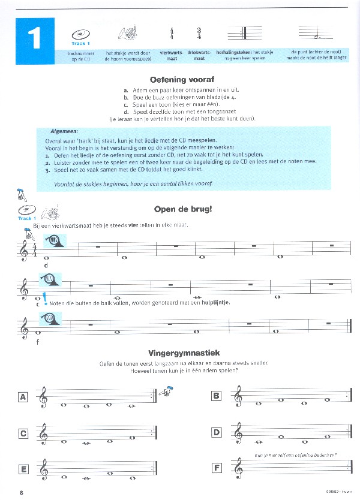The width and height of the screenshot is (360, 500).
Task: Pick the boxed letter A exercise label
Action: coord(23,397)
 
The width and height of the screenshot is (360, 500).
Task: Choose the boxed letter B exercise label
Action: coord(217,396)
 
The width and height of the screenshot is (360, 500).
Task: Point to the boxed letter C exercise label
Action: coord(23,433)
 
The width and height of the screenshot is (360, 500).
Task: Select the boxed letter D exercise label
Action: coord(217,432)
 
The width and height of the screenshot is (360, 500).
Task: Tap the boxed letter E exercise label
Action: coord(23,469)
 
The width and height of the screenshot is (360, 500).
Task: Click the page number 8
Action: coord(21,493)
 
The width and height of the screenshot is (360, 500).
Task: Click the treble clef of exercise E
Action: coord(44,469)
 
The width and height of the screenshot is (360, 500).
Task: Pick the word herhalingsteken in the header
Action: coord(233,53)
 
